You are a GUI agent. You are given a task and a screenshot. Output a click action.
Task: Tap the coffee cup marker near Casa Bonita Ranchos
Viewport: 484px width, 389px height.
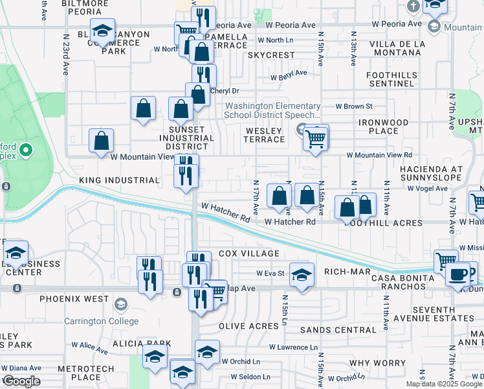(x=458, y=274)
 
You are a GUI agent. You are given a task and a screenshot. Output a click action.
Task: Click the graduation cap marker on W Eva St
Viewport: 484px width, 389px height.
(x=301, y=274)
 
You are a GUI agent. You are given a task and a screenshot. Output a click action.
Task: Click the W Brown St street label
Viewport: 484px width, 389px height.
(x=354, y=106)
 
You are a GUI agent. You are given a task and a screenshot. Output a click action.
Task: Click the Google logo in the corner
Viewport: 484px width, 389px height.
(x=21, y=381)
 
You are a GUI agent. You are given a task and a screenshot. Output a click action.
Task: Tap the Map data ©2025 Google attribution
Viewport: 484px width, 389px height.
(x=444, y=384)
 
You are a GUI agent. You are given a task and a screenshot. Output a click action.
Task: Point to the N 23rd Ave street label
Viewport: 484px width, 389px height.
(x=66, y=55)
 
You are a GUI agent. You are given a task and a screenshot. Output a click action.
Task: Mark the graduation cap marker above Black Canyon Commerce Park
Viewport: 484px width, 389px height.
(x=102, y=30)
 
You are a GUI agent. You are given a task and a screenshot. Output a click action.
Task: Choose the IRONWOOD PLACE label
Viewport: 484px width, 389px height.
(x=384, y=126)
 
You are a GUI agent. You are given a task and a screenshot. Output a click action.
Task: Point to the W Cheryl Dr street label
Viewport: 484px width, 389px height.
(x=223, y=91)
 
